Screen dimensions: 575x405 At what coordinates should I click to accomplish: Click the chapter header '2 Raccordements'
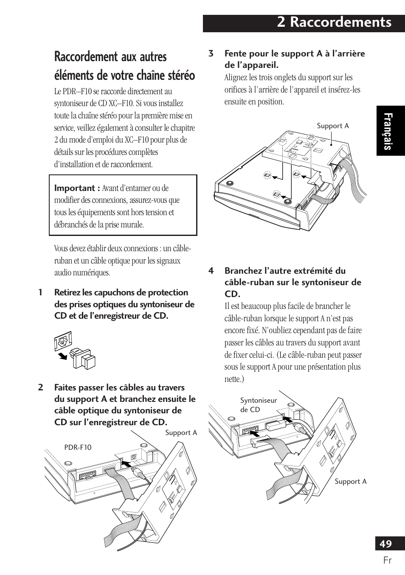coord(334,23)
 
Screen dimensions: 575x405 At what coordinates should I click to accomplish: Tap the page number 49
coord(385,544)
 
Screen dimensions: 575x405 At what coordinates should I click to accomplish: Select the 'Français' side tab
coord(390,132)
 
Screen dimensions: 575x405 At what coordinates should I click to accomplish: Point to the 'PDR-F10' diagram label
coord(78,447)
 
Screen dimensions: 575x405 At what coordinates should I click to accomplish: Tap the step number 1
coord(40,292)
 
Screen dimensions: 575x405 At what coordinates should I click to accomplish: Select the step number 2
coord(40,387)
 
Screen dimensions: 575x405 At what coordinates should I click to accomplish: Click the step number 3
coord(211,53)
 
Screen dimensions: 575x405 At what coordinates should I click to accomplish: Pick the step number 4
coord(211,271)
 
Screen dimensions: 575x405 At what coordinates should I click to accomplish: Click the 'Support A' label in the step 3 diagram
coord(333,126)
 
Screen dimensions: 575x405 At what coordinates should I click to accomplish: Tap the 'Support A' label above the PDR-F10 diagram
coord(181,432)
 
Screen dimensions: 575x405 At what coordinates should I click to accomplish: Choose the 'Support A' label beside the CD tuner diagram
coord(350,481)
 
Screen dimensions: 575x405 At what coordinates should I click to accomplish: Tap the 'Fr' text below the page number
coord(387,560)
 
